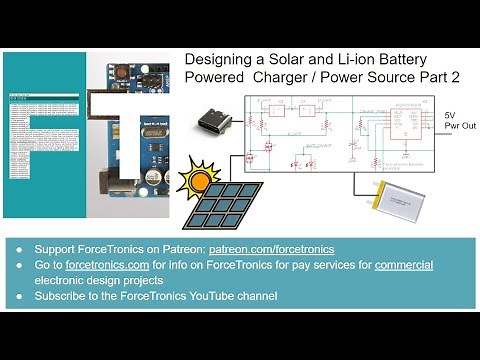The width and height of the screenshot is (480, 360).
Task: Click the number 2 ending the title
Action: click(x=457, y=78)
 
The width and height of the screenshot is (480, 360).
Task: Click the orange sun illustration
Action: click(x=198, y=181)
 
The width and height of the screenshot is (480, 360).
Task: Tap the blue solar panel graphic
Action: click(x=228, y=205)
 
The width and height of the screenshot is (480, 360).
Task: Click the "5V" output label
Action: click(x=451, y=116)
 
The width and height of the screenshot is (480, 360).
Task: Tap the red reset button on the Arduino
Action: click(x=125, y=74)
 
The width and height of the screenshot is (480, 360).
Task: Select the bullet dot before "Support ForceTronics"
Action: click(x=20, y=249)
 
